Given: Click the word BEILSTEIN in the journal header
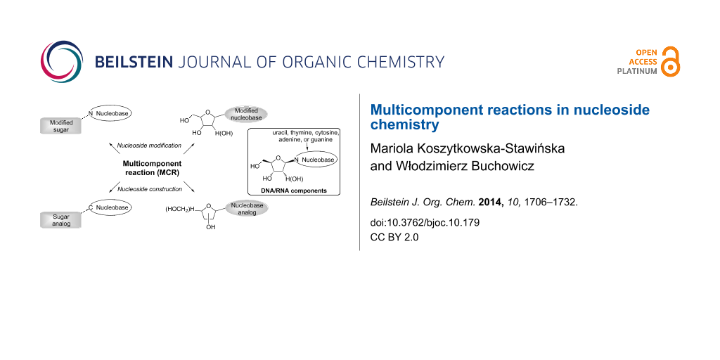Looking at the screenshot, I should pyautogui.click(x=134, y=62).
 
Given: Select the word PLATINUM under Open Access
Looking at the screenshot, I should pyautogui.click(x=637, y=71).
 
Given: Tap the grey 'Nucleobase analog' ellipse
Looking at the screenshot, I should pyautogui.click(x=246, y=208).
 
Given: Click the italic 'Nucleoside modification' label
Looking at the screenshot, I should pyautogui.click(x=149, y=146).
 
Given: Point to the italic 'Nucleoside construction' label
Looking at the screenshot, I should pyautogui.click(x=150, y=188).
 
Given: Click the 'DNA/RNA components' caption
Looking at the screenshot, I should pyautogui.click(x=295, y=191).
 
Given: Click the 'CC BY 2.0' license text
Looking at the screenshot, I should pyautogui.click(x=394, y=237).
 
